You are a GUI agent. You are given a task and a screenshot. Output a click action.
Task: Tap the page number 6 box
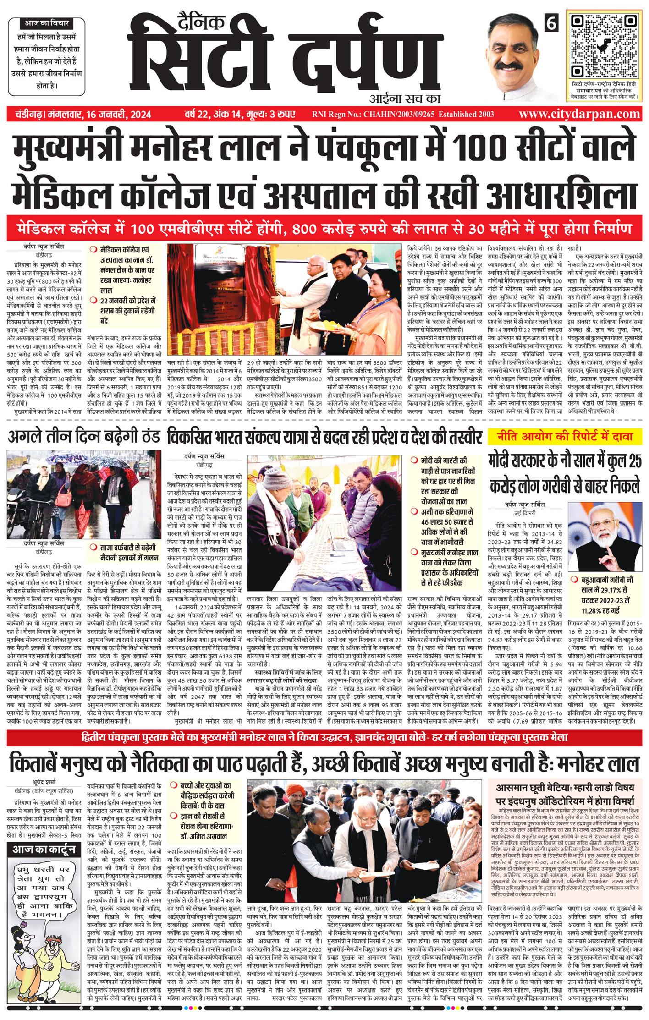pyautogui.click(x=551, y=23)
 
